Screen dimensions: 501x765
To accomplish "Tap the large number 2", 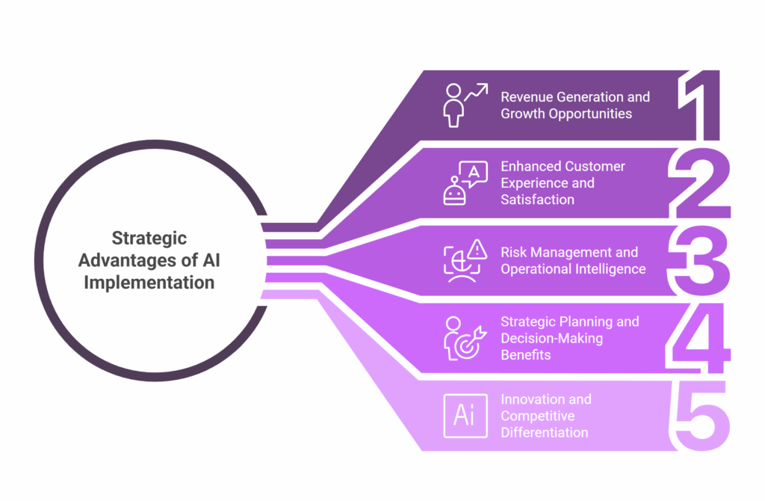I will coord(700,183).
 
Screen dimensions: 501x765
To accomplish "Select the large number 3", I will coord(700,261).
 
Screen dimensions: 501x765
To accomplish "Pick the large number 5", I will coord(700,416).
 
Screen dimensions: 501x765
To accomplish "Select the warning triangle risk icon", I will coord(464,260).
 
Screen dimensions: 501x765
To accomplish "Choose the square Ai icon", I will coord(464,415).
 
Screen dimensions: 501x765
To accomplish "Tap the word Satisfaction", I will coord(537,200).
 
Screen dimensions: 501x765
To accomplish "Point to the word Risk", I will coord(513,253).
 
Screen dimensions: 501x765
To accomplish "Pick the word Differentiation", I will coord(544,432).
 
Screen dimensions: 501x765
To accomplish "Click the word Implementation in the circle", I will coord(149,283).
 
